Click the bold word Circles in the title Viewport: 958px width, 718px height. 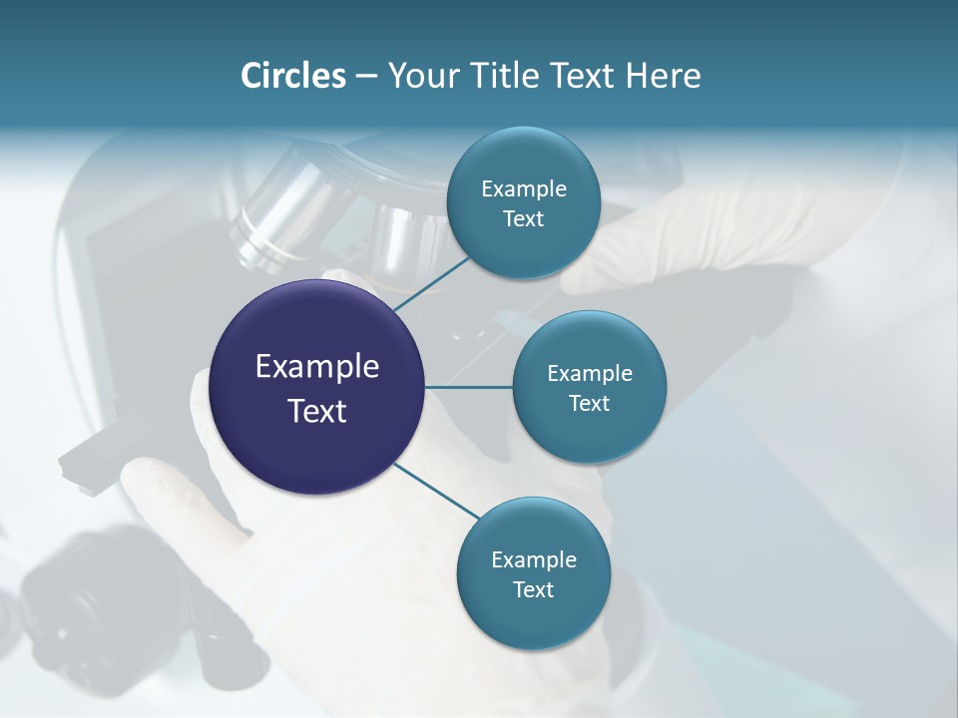coord(292,76)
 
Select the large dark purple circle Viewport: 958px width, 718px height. coord(317,387)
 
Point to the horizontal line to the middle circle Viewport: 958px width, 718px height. coord(469,387)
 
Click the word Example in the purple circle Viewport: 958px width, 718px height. coord(317,367)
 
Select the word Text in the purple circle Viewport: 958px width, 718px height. coord(317,410)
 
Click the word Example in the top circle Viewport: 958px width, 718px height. coord(523,188)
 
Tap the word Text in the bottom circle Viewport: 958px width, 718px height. coord(533,589)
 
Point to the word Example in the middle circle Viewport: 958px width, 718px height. coord(589,373)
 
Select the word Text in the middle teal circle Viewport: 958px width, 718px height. coord(589,403)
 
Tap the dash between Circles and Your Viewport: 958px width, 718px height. coord(366,76)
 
